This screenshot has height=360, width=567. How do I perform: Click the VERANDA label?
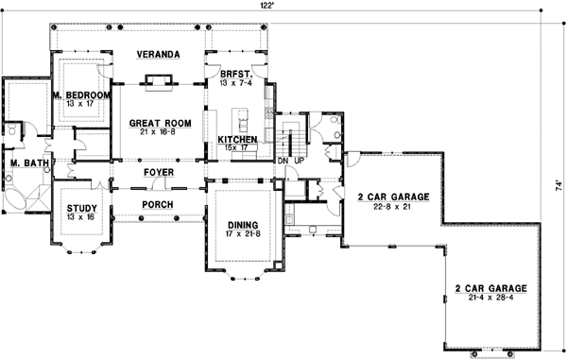[x=157, y=55]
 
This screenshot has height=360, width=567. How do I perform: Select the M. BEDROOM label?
[x=81, y=95]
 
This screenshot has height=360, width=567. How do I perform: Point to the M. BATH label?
[x=24, y=163]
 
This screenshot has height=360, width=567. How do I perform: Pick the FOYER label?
[x=158, y=173]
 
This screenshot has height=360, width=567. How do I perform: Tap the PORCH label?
[x=158, y=204]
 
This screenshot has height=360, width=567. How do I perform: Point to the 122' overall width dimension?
[x=268, y=7]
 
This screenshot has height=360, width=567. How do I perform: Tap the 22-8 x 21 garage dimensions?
[x=393, y=207]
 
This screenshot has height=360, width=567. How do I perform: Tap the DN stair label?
[x=282, y=161]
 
